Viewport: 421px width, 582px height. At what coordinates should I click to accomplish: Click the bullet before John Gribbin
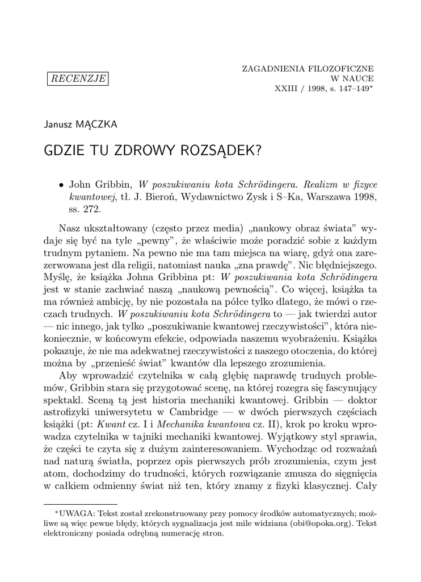(61, 185)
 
